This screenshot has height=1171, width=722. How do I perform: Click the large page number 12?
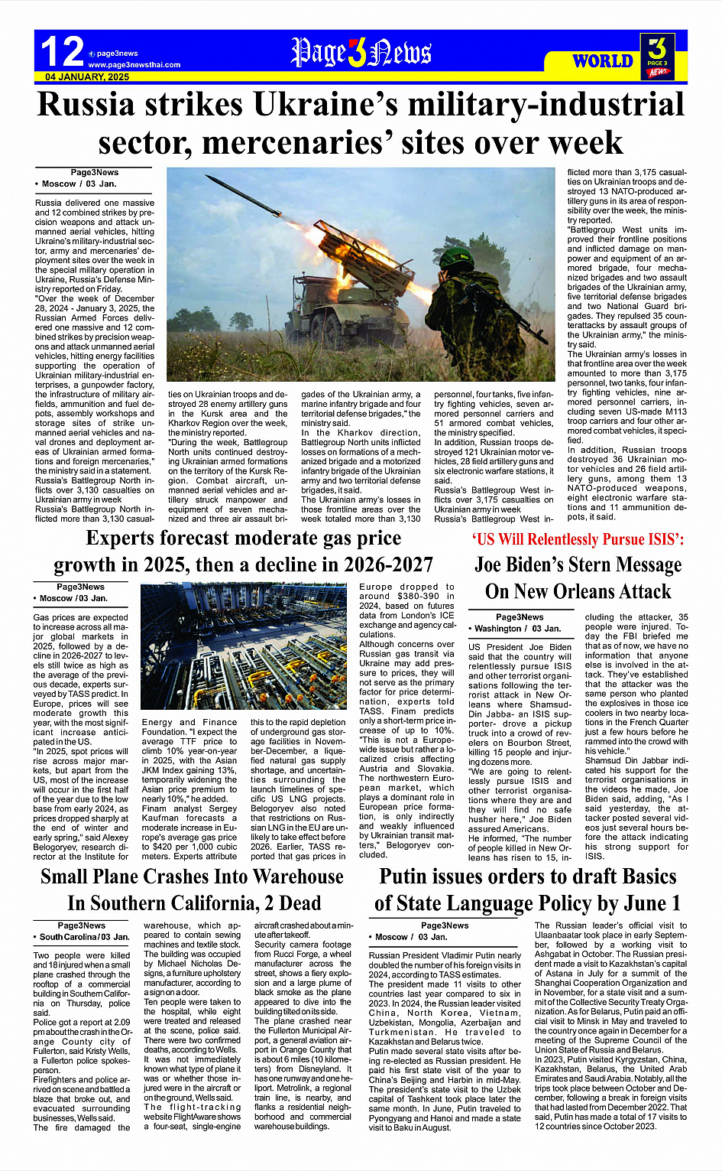[62, 52]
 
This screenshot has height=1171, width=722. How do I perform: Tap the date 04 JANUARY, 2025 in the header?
[87, 77]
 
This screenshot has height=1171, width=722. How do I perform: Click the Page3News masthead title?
[361, 53]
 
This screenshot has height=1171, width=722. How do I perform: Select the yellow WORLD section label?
[603, 61]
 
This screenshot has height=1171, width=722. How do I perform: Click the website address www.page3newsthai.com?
[134, 65]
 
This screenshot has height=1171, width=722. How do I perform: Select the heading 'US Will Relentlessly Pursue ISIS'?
[578, 539]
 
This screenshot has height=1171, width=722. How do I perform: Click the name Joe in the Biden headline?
[497, 564]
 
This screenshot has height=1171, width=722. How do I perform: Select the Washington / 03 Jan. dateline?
[518, 629]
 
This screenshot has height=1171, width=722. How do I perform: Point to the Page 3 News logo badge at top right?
[657, 56]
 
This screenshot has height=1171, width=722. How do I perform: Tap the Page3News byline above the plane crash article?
[82, 925]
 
